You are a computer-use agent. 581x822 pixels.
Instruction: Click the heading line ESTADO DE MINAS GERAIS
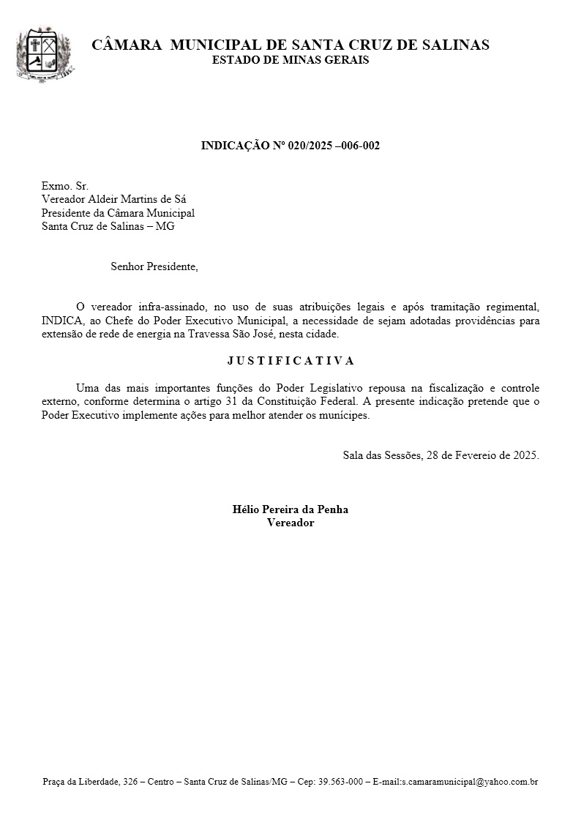(290, 60)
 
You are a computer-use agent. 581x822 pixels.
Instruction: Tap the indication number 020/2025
(307, 146)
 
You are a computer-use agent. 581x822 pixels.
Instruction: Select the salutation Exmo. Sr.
(65, 187)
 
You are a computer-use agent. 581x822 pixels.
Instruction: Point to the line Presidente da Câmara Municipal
(118, 213)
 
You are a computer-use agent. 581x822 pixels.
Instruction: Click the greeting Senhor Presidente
(154, 266)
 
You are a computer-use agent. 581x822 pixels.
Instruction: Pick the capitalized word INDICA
(64, 321)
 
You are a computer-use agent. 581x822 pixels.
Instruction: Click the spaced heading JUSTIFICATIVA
(290, 361)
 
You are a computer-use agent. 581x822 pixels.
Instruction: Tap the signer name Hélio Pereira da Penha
(290, 509)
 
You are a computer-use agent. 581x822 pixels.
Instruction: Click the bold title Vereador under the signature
(290, 523)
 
